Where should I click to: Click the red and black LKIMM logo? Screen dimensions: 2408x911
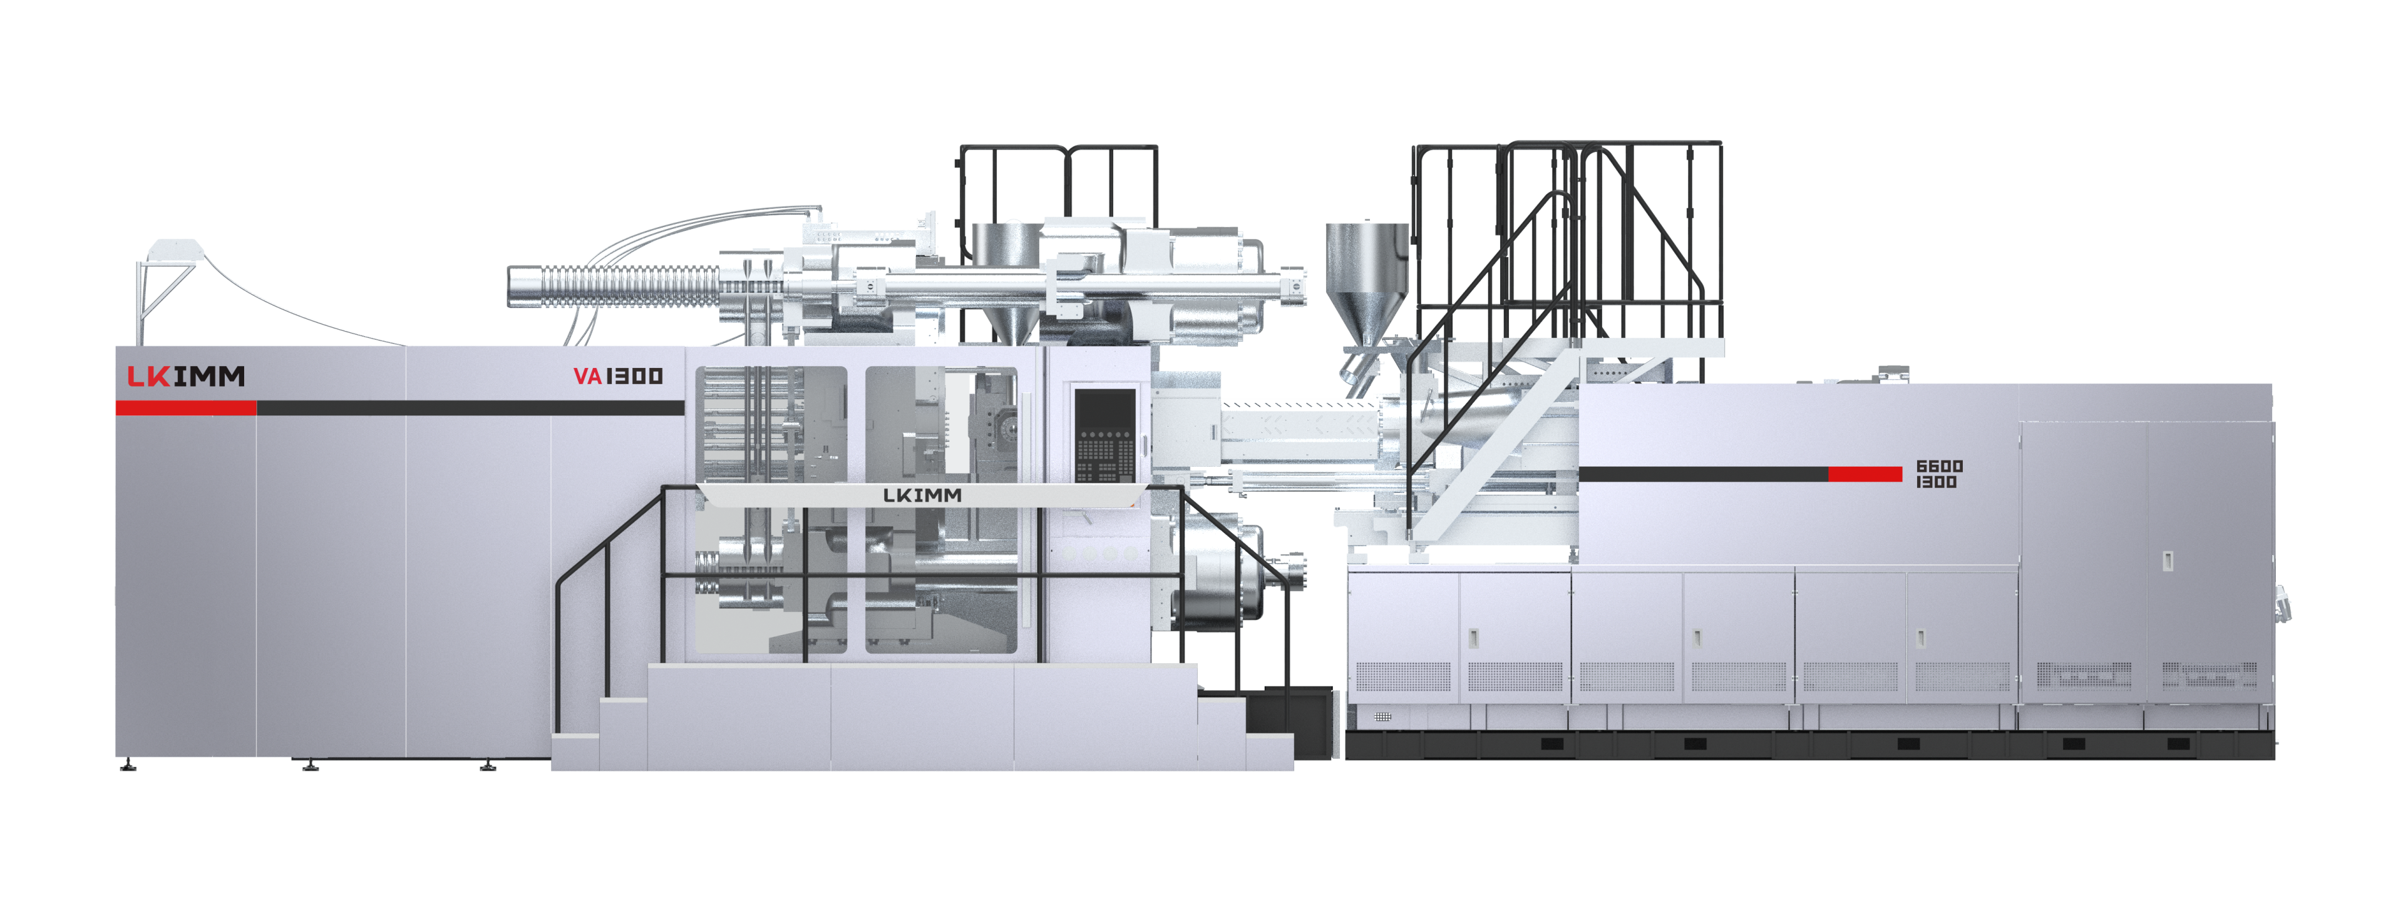pyautogui.click(x=186, y=377)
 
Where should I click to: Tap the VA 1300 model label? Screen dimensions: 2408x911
pyautogui.click(x=618, y=377)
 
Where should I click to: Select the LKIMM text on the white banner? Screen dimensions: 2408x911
pyautogui.click(x=922, y=495)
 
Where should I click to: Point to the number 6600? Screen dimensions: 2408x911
pyautogui.click(x=1940, y=466)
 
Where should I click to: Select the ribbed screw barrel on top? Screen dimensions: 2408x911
pyautogui.click(x=617, y=286)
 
